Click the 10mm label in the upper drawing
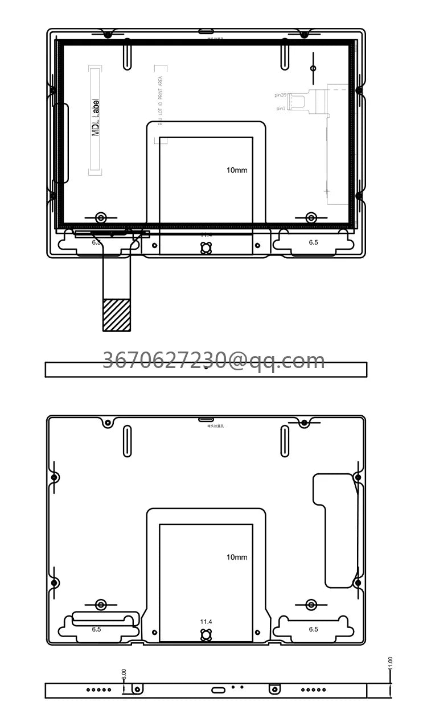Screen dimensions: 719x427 237,170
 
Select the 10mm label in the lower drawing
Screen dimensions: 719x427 237,557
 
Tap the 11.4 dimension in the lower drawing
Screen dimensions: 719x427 206,622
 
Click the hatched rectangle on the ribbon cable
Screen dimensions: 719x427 116,315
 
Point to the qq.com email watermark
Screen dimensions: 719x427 213,361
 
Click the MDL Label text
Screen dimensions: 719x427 96,118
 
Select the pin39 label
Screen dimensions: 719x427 282,95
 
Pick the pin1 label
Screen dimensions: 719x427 281,108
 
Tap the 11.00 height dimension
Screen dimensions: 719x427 390,663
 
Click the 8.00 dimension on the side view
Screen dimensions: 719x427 124,675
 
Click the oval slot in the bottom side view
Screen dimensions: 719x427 218,690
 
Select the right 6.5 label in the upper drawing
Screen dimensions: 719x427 313,242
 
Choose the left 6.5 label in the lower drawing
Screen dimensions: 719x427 96,629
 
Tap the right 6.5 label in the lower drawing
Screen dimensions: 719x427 313,629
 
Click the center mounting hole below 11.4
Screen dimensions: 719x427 206,635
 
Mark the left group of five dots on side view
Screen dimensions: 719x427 98,690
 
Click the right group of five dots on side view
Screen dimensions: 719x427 314,690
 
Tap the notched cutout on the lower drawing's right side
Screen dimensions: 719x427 336,529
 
